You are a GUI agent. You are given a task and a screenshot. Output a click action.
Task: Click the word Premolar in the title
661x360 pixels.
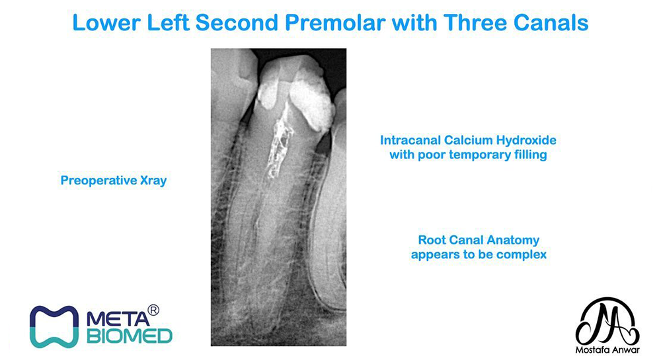[336, 22]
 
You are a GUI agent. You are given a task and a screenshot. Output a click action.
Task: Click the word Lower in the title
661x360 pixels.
[106, 22]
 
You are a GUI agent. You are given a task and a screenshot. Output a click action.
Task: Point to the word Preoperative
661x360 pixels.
[98, 180]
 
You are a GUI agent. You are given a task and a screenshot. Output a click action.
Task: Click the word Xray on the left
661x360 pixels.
[153, 180]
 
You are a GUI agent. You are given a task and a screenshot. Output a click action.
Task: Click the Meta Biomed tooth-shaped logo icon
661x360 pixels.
[54, 327]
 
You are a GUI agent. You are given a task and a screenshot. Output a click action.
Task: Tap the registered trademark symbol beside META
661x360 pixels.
[153, 310]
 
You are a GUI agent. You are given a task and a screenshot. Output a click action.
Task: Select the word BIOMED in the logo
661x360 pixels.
[130, 336]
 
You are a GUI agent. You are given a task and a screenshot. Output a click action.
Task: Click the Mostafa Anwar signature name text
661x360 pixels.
[607, 350]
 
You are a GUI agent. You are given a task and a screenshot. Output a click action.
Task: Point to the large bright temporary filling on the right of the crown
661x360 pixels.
[311, 99]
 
